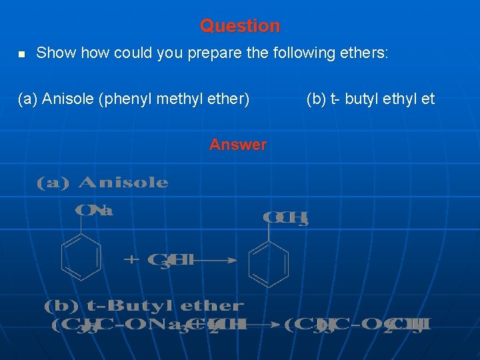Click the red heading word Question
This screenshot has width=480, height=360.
(x=240, y=26)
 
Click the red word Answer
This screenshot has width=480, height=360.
(x=238, y=145)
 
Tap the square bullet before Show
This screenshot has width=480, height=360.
(x=21, y=54)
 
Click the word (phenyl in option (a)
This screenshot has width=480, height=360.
(x=123, y=99)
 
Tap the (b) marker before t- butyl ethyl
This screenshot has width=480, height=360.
(x=316, y=99)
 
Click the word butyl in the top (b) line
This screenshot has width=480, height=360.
(x=361, y=99)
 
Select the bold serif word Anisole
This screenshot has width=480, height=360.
(x=123, y=183)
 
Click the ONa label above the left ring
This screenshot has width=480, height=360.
(x=94, y=211)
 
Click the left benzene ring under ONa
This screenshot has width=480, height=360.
(x=81, y=257)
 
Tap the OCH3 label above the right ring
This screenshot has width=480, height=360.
(x=286, y=218)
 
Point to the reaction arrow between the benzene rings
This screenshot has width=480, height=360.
(x=215, y=261)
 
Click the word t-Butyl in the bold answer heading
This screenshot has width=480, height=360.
(x=124, y=307)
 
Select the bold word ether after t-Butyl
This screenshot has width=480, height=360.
(x=211, y=307)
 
